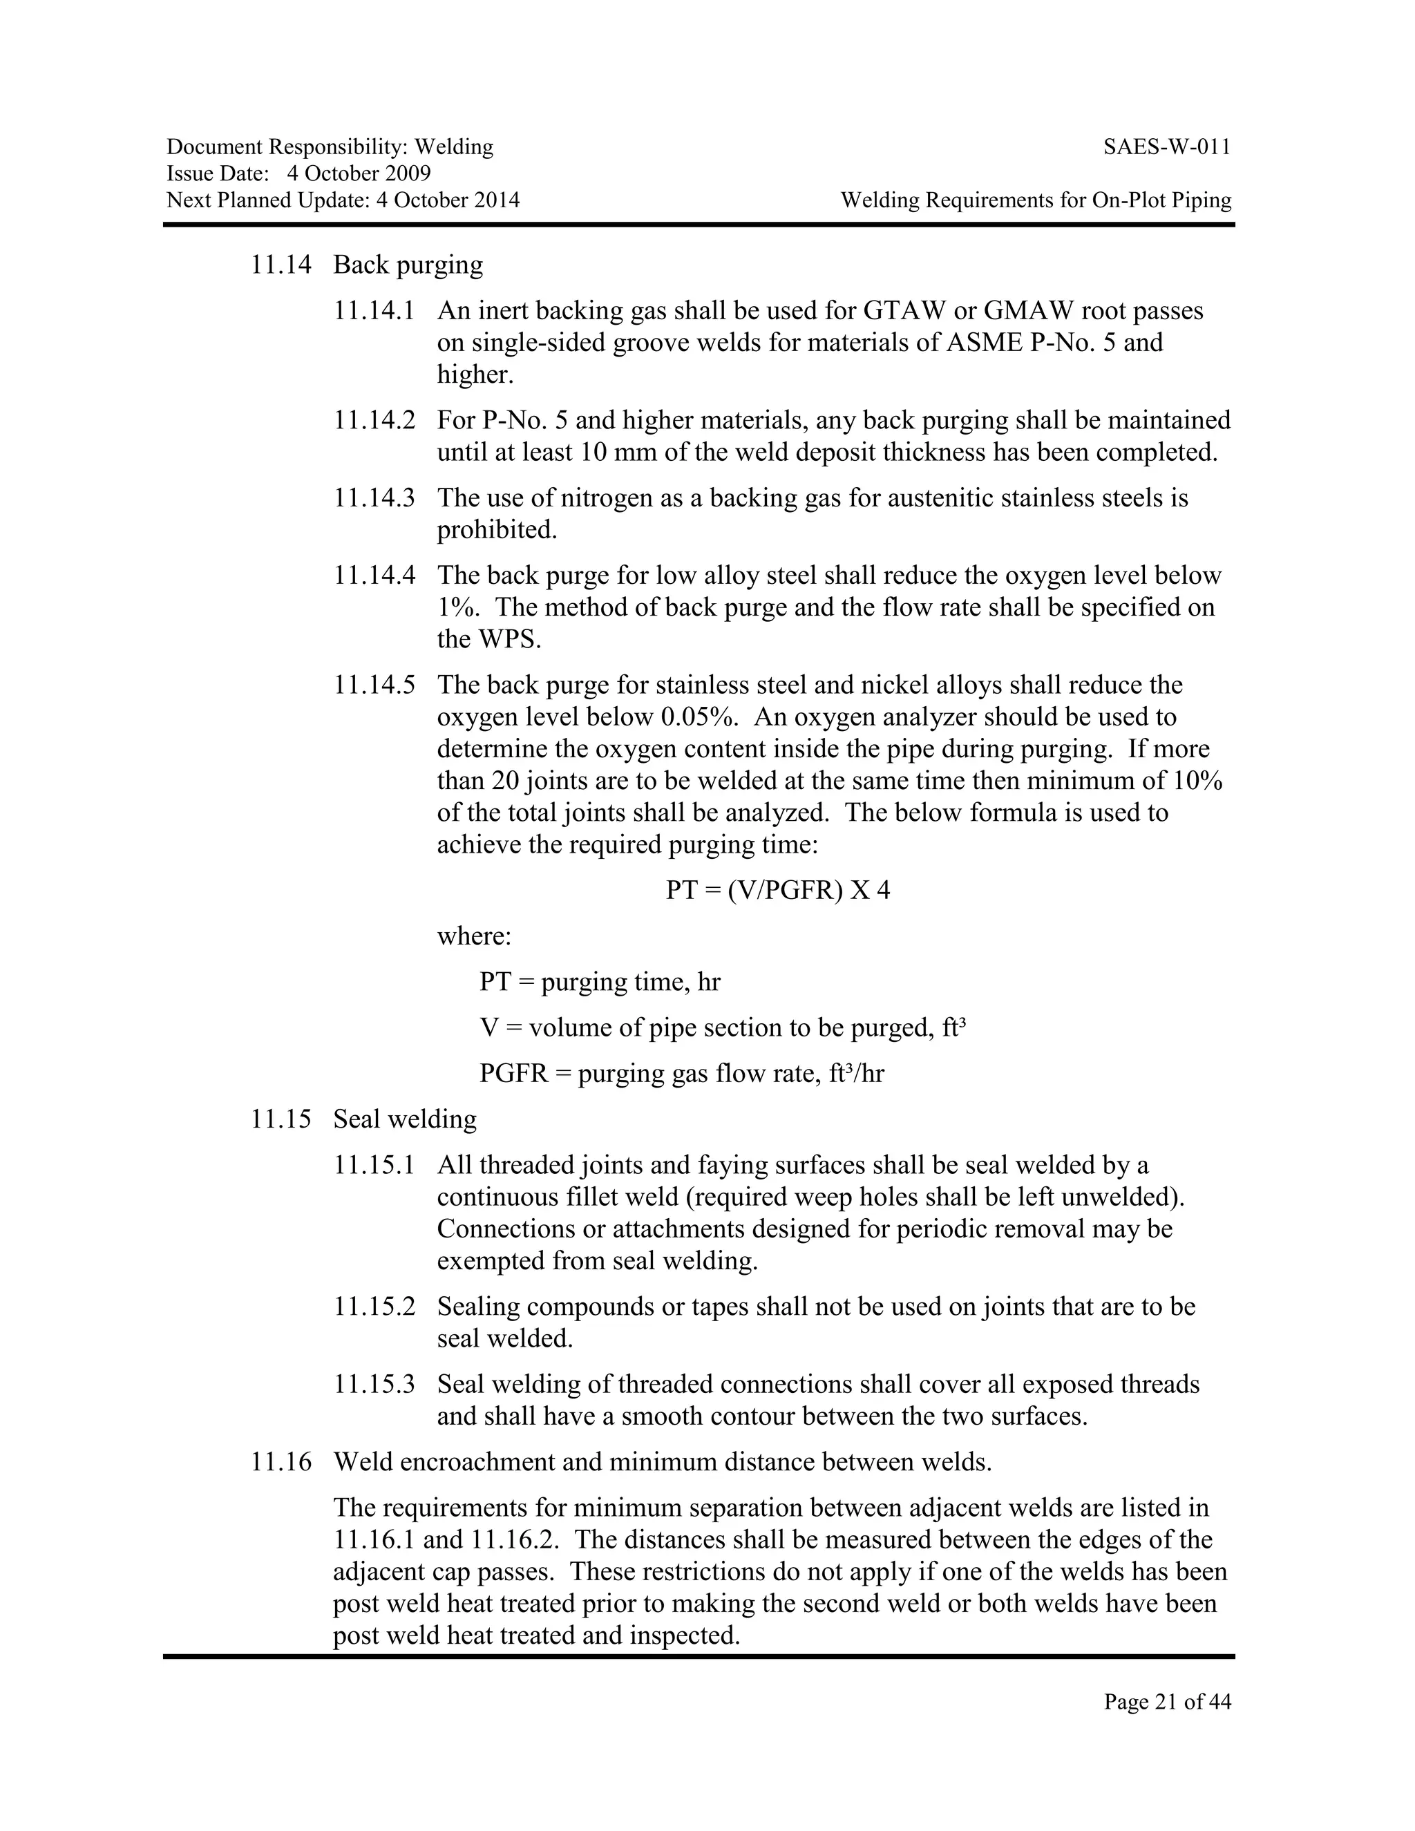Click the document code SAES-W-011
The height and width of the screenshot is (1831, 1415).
click(1167, 148)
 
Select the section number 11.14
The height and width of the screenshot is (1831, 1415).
click(281, 265)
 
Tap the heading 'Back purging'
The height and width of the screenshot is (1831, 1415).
click(408, 265)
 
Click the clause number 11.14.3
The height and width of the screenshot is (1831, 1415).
click(374, 498)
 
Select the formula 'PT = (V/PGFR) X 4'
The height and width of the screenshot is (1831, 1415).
click(778, 889)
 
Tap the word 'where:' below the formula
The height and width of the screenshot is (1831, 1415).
click(473, 936)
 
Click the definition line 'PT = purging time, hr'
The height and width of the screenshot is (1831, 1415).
click(599, 982)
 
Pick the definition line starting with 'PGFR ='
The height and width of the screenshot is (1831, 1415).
click(681, 1073)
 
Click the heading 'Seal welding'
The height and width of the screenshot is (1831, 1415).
click(405, 1119)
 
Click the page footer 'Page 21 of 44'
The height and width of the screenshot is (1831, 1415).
click(1167, 1701)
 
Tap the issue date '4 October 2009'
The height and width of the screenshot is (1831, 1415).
click(359, 173)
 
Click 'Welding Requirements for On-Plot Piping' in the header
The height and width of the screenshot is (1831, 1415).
click(1036, 200)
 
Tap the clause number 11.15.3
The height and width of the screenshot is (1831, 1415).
click(374, 1384)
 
